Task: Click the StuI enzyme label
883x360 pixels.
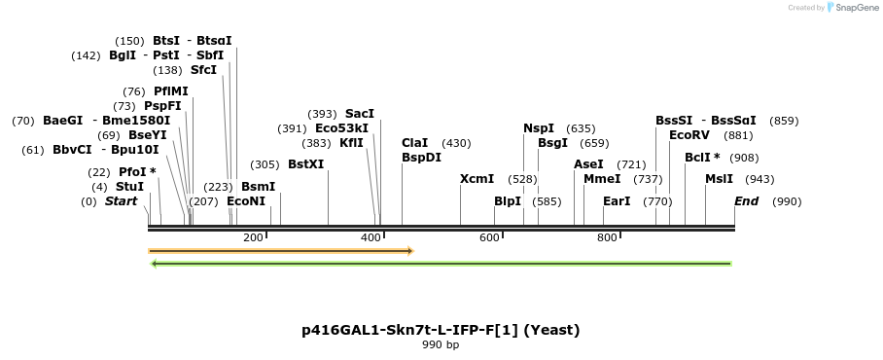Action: [x=129, y=187]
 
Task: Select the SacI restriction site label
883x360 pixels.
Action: [x=359, y=114]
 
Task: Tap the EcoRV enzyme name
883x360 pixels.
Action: [x=689, y=135]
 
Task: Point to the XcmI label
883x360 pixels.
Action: [x=477, y=179]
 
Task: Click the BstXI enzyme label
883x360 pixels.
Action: [x=305, y=164]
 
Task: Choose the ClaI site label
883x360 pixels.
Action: [x=414, y=143]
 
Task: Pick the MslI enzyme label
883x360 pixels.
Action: [x=719, y=179]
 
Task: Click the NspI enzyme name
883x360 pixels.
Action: [x=538, y=128]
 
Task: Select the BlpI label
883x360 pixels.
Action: [x=507, y=201]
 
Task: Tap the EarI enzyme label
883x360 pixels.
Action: [x=617, y=201]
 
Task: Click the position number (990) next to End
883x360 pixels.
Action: [x=786, y=201]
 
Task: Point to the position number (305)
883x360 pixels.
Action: [x=264, y=164]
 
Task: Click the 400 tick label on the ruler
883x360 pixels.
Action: [x=371, y=237]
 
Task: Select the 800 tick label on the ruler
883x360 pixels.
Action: [x=607, y=237]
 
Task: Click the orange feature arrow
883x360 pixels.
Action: [x=281, y=251]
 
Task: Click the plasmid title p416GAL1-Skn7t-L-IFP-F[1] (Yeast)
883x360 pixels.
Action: [x=441, y=330]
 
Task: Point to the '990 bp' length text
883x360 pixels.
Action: [x=441, y=344]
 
